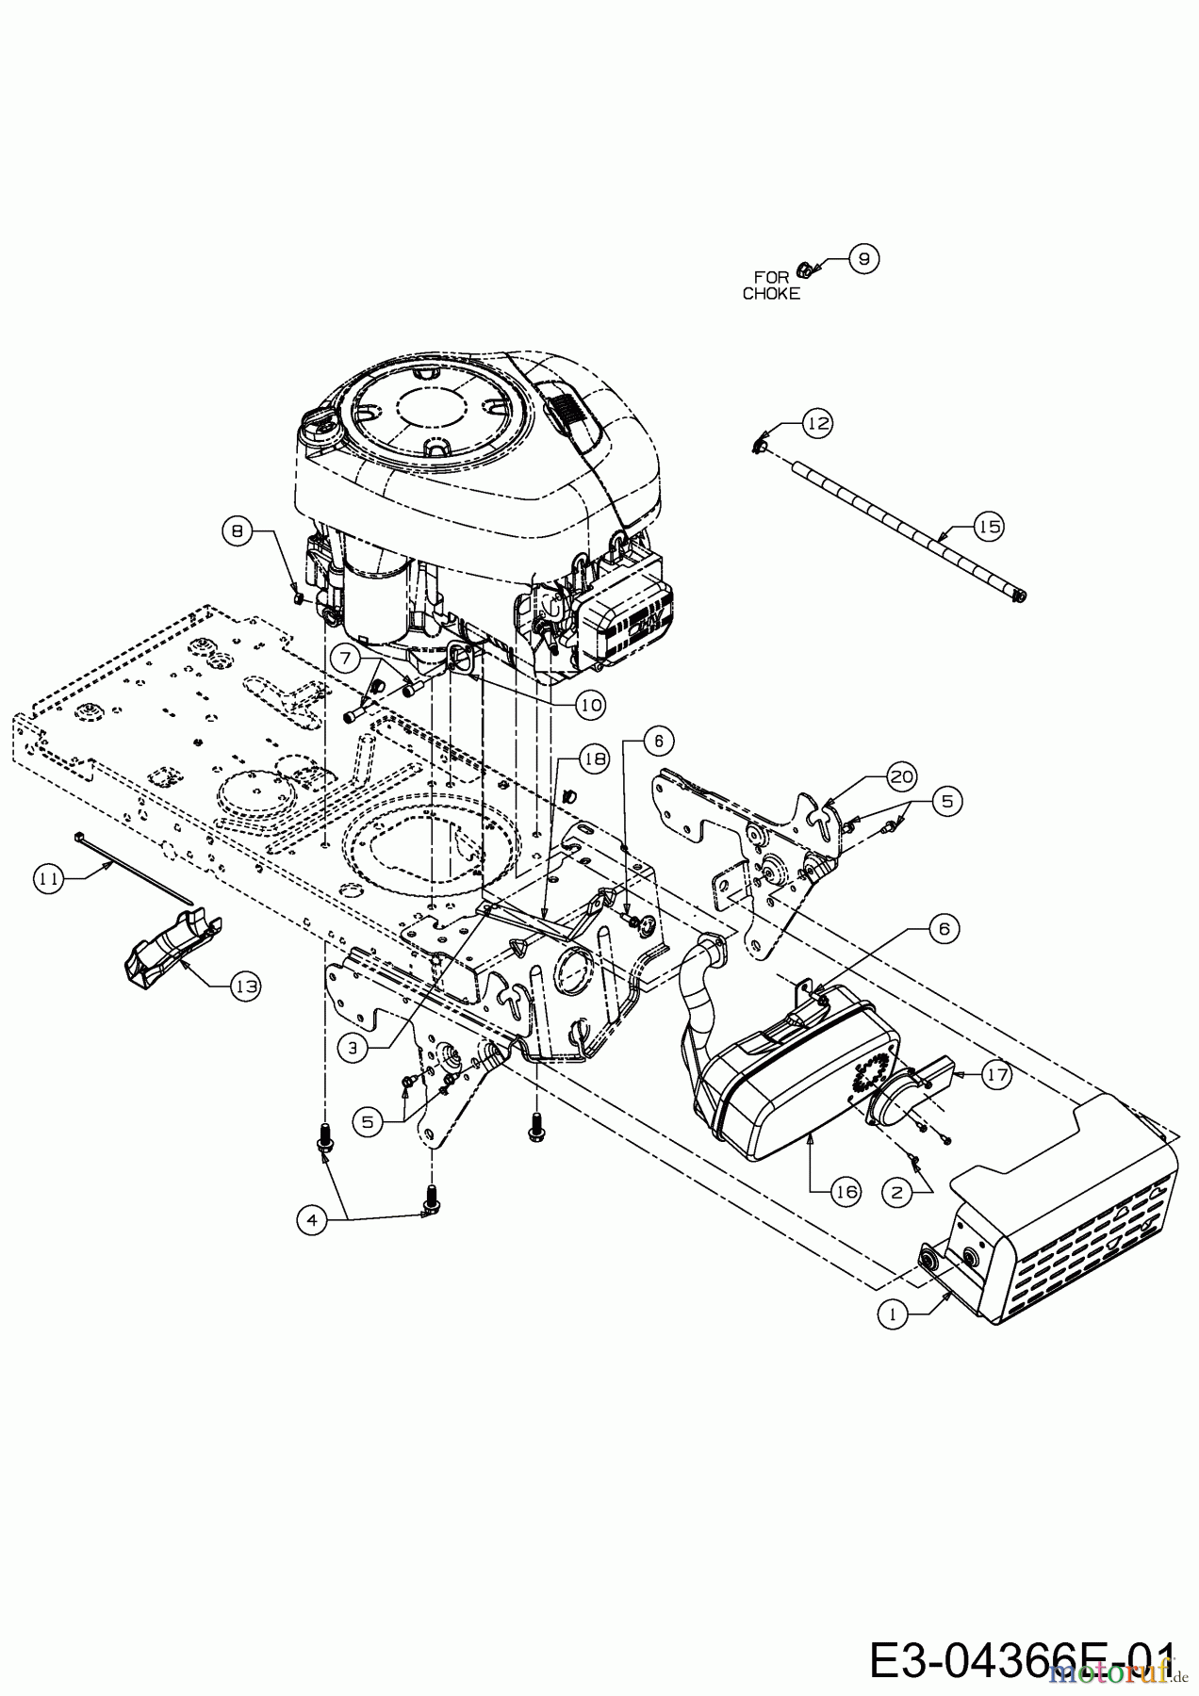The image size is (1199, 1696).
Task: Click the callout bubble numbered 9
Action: point(863,257)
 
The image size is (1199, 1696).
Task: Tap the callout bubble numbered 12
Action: point(818,424)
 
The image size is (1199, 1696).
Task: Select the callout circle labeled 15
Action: point(989,527)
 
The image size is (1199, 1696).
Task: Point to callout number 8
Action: point(238,531)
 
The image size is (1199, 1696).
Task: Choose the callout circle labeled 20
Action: point(902,776)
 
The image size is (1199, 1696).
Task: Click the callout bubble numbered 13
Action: point(246,986)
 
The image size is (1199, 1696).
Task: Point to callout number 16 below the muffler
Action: point(846,1192)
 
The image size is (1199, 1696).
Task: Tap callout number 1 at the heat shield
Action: point(891,1313)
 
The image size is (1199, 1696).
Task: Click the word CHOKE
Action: point(771,293)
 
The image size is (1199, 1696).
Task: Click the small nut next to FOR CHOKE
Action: point(804,270)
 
